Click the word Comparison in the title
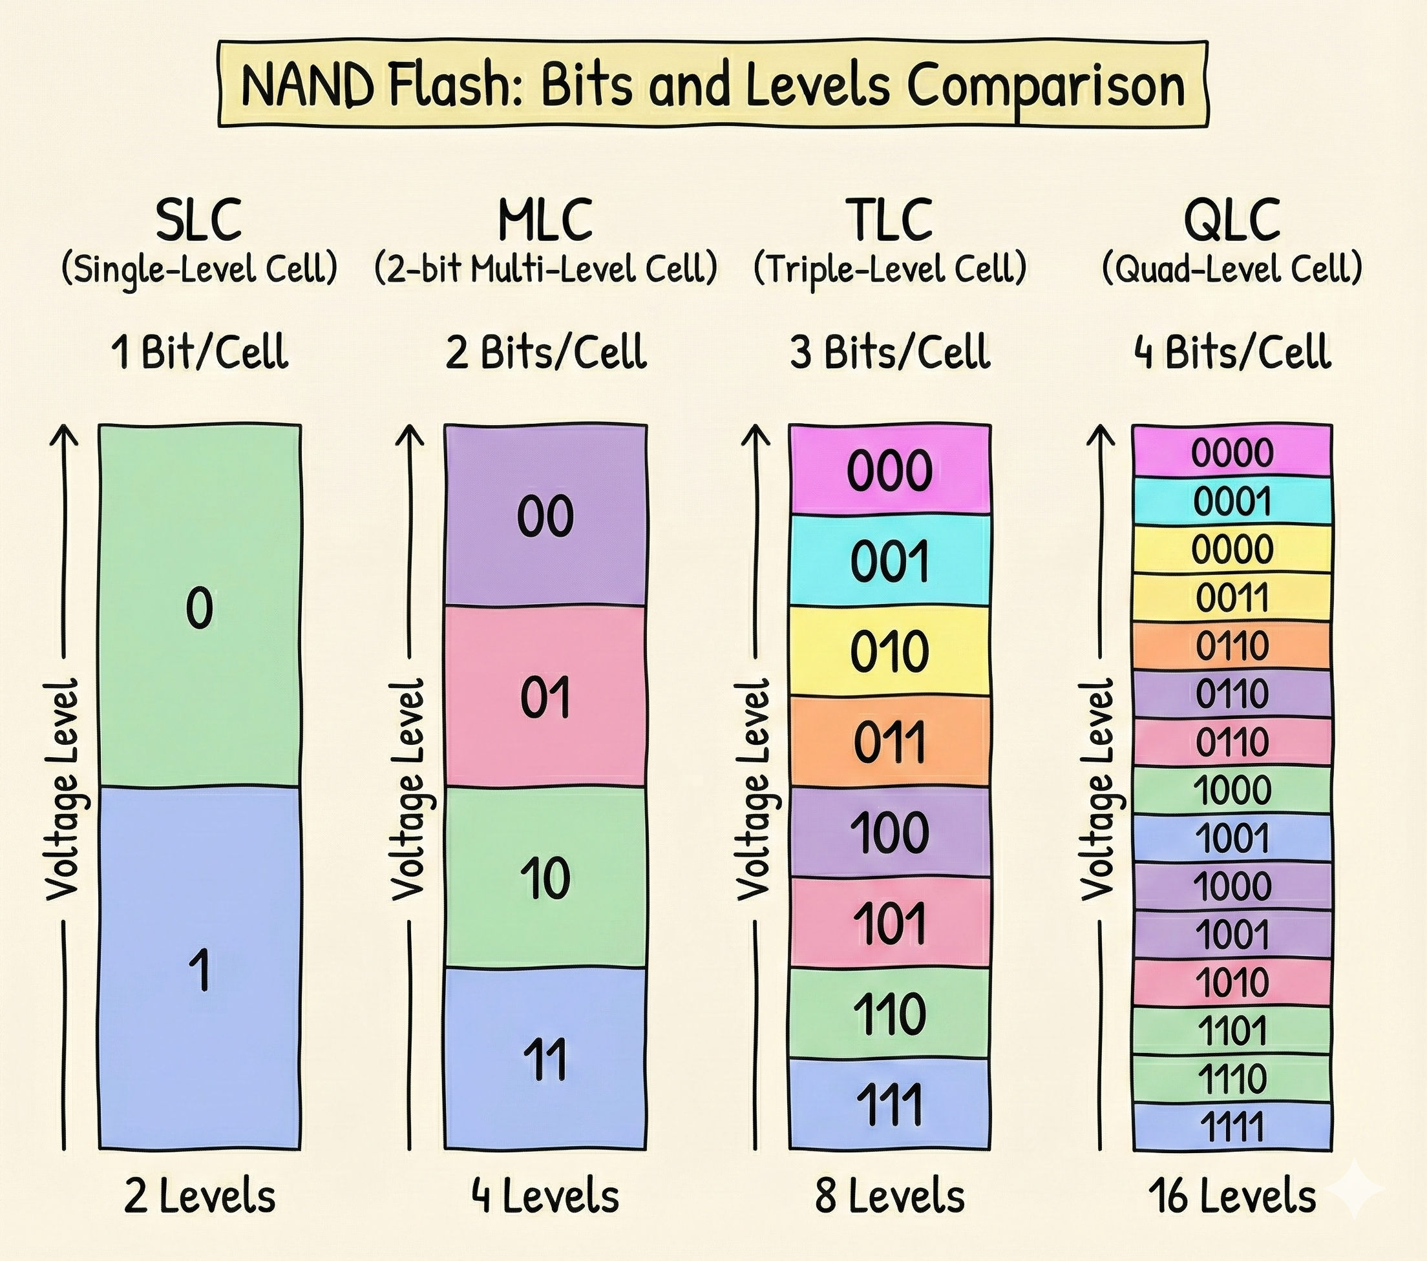(x=1045, y=87)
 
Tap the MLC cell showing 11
(x=545, y=1058)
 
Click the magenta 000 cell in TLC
(x=889, y=470)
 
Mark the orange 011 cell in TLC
(x=889, y=741)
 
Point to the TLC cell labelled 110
(x=889, y=1014)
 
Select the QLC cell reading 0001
(x=1232, y=501)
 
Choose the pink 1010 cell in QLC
(x=1232, y=982)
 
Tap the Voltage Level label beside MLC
(x=408, y=789)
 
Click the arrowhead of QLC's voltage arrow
(x=1103, y=433)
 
